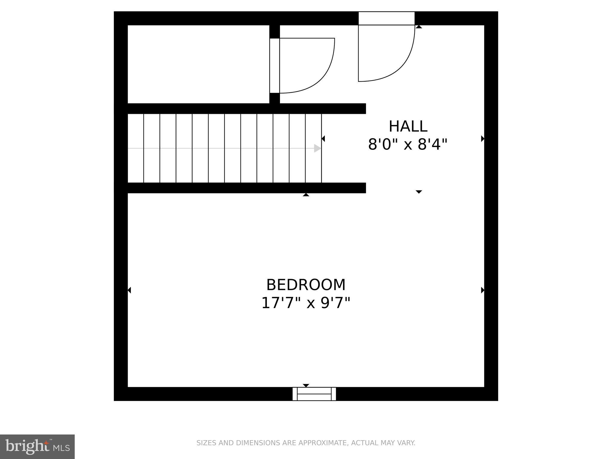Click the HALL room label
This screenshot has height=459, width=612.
[x=408, y=126]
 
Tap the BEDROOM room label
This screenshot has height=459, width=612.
[x=306, y=285]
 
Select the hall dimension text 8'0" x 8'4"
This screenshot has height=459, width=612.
[x=408, y=145]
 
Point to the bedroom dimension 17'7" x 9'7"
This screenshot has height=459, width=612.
[x=306, y=303]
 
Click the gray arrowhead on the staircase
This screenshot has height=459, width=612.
[x=317, y=148]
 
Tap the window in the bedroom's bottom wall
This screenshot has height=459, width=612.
[x=314, y=394]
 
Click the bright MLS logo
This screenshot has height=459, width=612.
[x=37, y=447]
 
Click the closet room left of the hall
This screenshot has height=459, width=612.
[x=198, y=64]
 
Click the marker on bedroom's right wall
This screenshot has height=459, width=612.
[x=482, y=290]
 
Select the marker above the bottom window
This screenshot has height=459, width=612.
[x=306, y=385]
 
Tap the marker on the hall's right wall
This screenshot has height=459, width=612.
[x=482, y=139]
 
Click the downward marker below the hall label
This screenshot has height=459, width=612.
[x=419, y=192]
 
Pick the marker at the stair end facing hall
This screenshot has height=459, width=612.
[x=323, y=139]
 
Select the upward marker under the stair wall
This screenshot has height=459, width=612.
[x=306, y=195]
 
